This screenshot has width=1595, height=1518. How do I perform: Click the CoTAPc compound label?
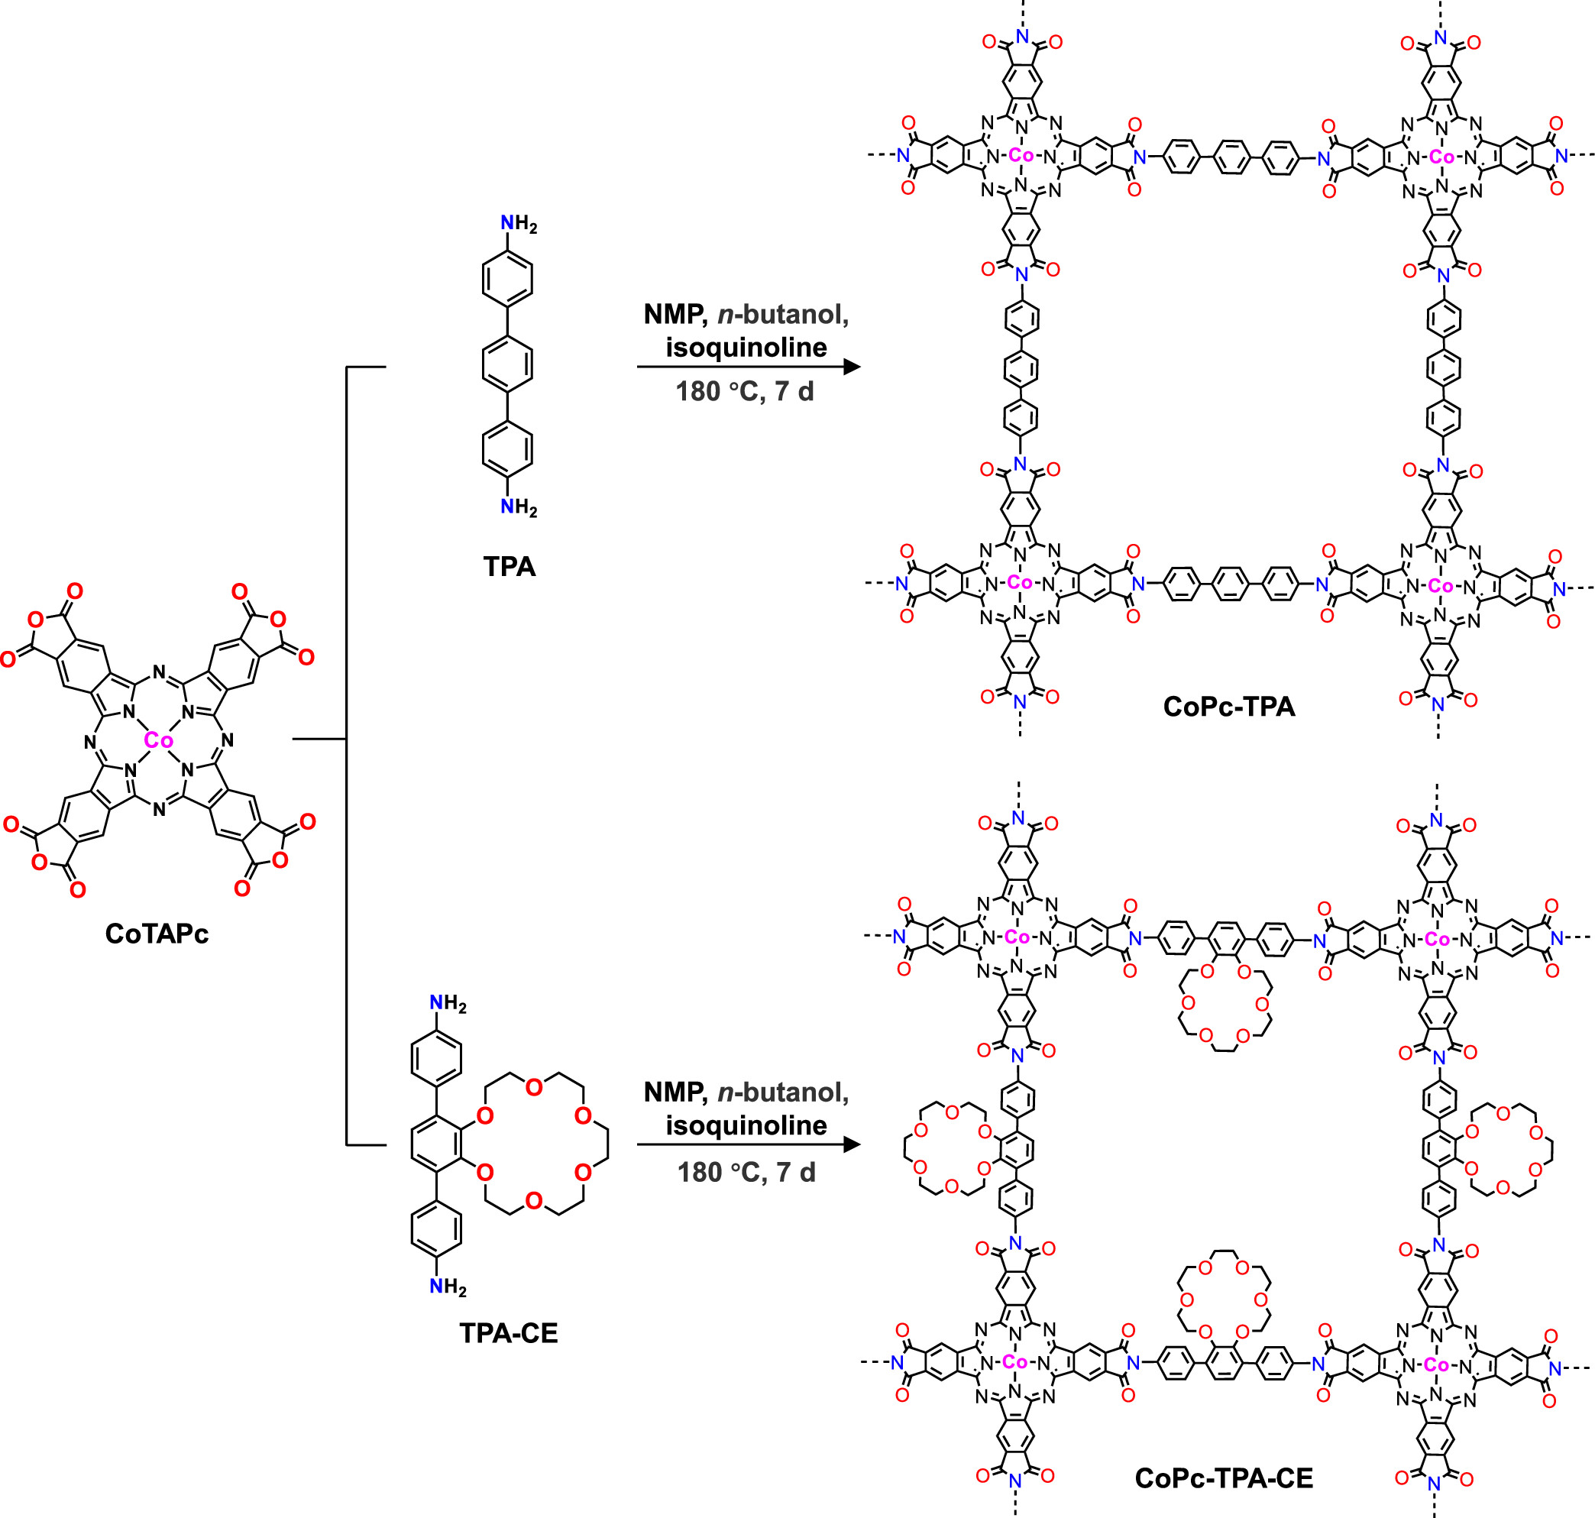pyautogui.click(x=157, y=934)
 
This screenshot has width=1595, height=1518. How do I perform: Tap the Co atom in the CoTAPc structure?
pyautogui.click(x=158, y=740)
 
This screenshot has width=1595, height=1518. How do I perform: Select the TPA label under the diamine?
pyautogui.click(x=509, y=566)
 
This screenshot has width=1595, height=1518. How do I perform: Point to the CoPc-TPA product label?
pyautogui.click(x=1228, y=707)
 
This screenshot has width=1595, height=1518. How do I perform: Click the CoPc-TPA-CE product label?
pyautogui.click(x=1223, y=1478)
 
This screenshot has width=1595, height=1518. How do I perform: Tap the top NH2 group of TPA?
pyautogui.click(x=518, y=224)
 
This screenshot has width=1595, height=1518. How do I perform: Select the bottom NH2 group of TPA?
pyautogui.click(x=518, y=507)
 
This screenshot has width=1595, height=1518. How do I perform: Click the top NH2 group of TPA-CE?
pyautogui.click(x=448, y=1004)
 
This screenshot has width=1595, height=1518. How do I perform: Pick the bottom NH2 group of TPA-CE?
pyautogui.click(x=448, y=1287)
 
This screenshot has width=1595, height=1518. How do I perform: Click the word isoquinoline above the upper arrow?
pyautogui.click(x=746, y=347)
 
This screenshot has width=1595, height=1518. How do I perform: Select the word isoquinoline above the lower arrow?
pyautogui.click(x=746, y=1125)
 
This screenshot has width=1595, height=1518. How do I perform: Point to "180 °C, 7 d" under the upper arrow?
pyautogui.click(x=745, y=392)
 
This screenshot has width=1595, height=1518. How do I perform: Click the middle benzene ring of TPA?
pyautogui.click(x=507, y=363)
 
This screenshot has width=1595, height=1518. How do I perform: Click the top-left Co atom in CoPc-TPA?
pyautogui.click(x=1021, y=155)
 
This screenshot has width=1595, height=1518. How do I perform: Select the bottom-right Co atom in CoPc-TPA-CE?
pyautogui.click(x=1436, y=1365)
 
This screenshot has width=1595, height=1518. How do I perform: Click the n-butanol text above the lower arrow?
pyautogui.click(x=783, y=1092)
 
